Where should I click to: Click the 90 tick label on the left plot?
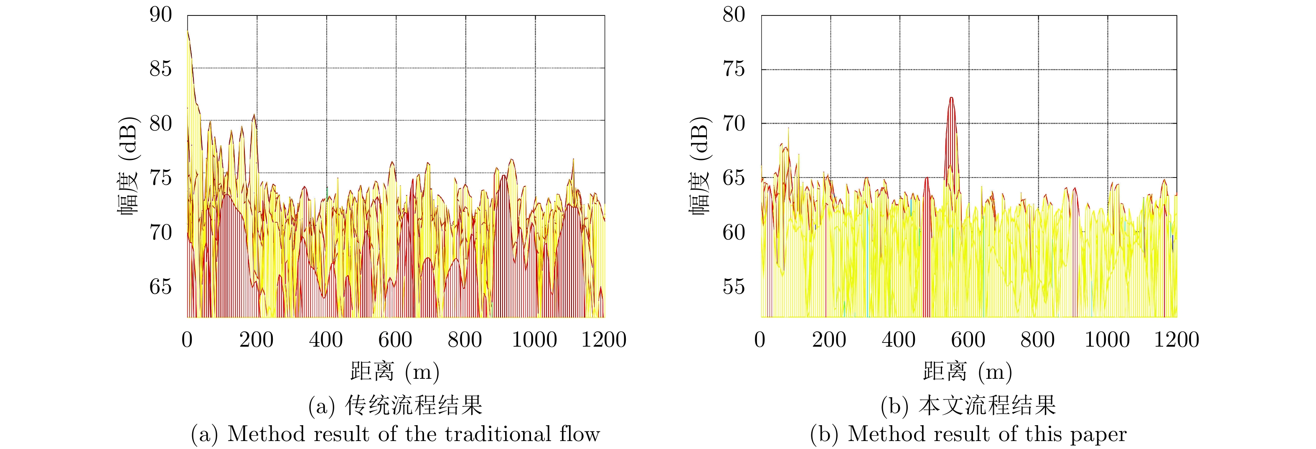click(161, 15)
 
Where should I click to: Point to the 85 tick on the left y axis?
click(161, 68)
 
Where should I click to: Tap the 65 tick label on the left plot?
click(161, 287)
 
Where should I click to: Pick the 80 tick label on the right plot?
click(734, 15)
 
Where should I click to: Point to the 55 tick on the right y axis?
click(734, 287)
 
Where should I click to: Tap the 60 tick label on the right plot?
click(734, 232)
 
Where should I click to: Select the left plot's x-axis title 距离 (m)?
click(395, 372)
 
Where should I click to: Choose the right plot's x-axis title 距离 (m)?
click(968, 372)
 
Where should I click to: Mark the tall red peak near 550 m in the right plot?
click(951, 98)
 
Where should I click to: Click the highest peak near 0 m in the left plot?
click(188, 32)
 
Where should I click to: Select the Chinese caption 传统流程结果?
click(414, 406)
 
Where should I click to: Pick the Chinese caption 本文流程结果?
click(987, 406)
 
